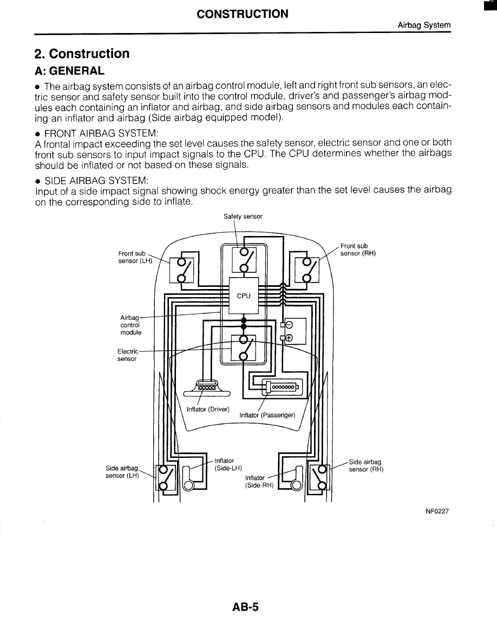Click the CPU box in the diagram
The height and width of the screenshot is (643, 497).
(244, 296)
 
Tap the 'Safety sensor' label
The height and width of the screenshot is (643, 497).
(243, 216)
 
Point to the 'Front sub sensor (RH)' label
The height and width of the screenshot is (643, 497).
(358, 250)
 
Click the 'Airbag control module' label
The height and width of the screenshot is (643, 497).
(130, 325)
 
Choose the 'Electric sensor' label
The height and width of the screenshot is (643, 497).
(128, 355)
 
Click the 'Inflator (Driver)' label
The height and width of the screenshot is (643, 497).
(208, 409)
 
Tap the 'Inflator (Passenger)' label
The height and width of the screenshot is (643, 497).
(267, 415)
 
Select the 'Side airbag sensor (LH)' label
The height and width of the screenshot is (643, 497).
(122, 472)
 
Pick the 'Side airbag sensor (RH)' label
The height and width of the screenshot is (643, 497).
(366, 465)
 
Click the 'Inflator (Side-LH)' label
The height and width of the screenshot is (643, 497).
(228, 464)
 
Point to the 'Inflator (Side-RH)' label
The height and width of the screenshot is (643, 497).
(256, 482)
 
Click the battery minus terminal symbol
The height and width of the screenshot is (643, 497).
(289, 325)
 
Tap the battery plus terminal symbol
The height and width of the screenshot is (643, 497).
(289, 338)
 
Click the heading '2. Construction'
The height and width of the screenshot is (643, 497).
(82, 54)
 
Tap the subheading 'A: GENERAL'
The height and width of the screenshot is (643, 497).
(69, 71)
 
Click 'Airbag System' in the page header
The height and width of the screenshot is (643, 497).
(424, 25)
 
